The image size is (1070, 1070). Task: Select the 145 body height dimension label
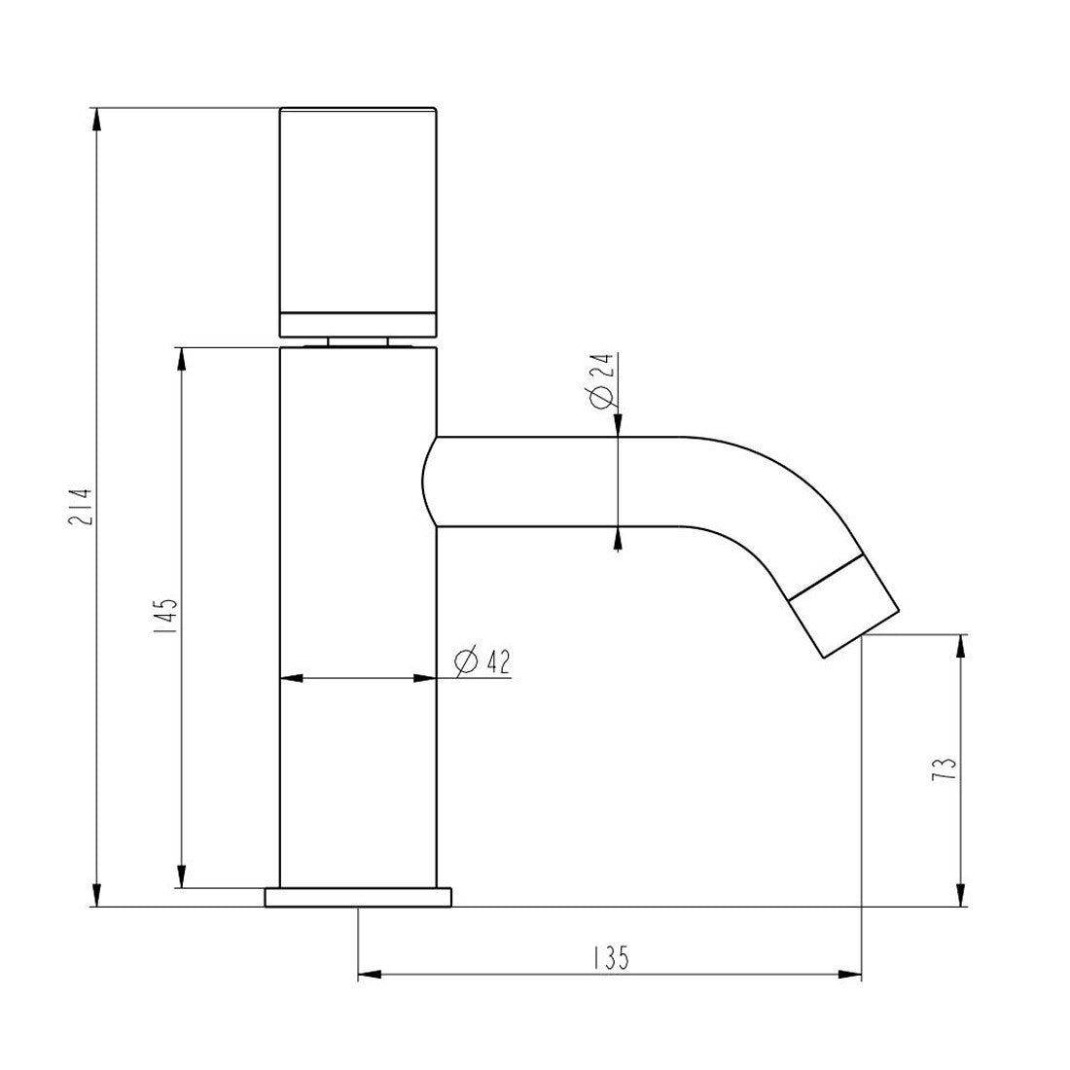[x=166, y=617]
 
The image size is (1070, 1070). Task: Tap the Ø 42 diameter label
[x=481, y=660]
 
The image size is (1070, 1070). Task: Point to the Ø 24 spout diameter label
[x=603, y=379]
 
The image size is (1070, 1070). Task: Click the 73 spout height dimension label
[x=945, y=769]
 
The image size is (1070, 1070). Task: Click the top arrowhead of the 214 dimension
[x=97, y=120]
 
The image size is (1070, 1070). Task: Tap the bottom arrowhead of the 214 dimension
[x=97, y=894]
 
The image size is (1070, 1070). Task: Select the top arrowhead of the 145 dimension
[x=182, y=360]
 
